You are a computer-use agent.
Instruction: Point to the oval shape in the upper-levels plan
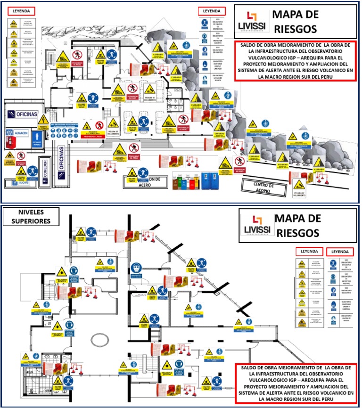point(99,340)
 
